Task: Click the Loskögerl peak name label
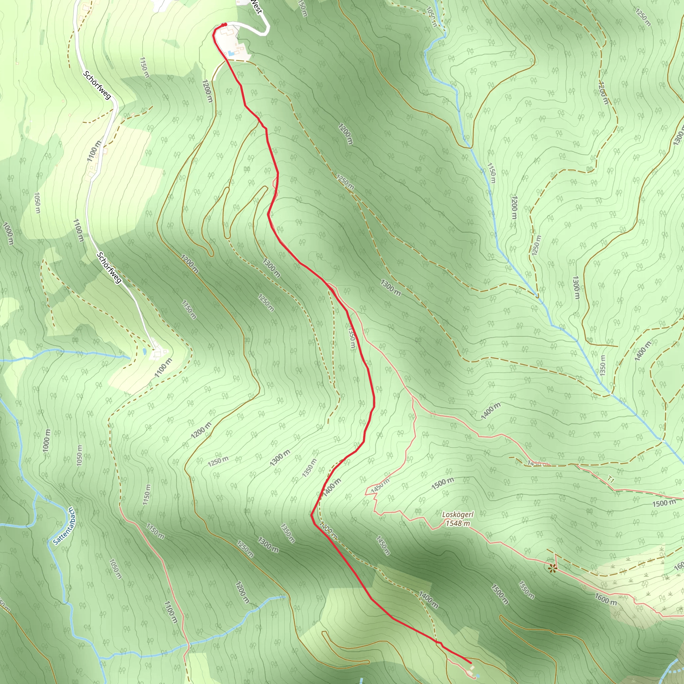[458, 514]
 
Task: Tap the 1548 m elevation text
[458, 523]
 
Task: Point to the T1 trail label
[611, 479]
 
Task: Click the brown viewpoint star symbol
[552, 568]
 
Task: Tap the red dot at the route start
[224, 24]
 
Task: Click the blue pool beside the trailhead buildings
[231, 53]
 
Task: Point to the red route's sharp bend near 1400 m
[312, 515]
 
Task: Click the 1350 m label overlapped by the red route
[351, 338]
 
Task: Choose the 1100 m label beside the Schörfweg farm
[164, 367]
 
